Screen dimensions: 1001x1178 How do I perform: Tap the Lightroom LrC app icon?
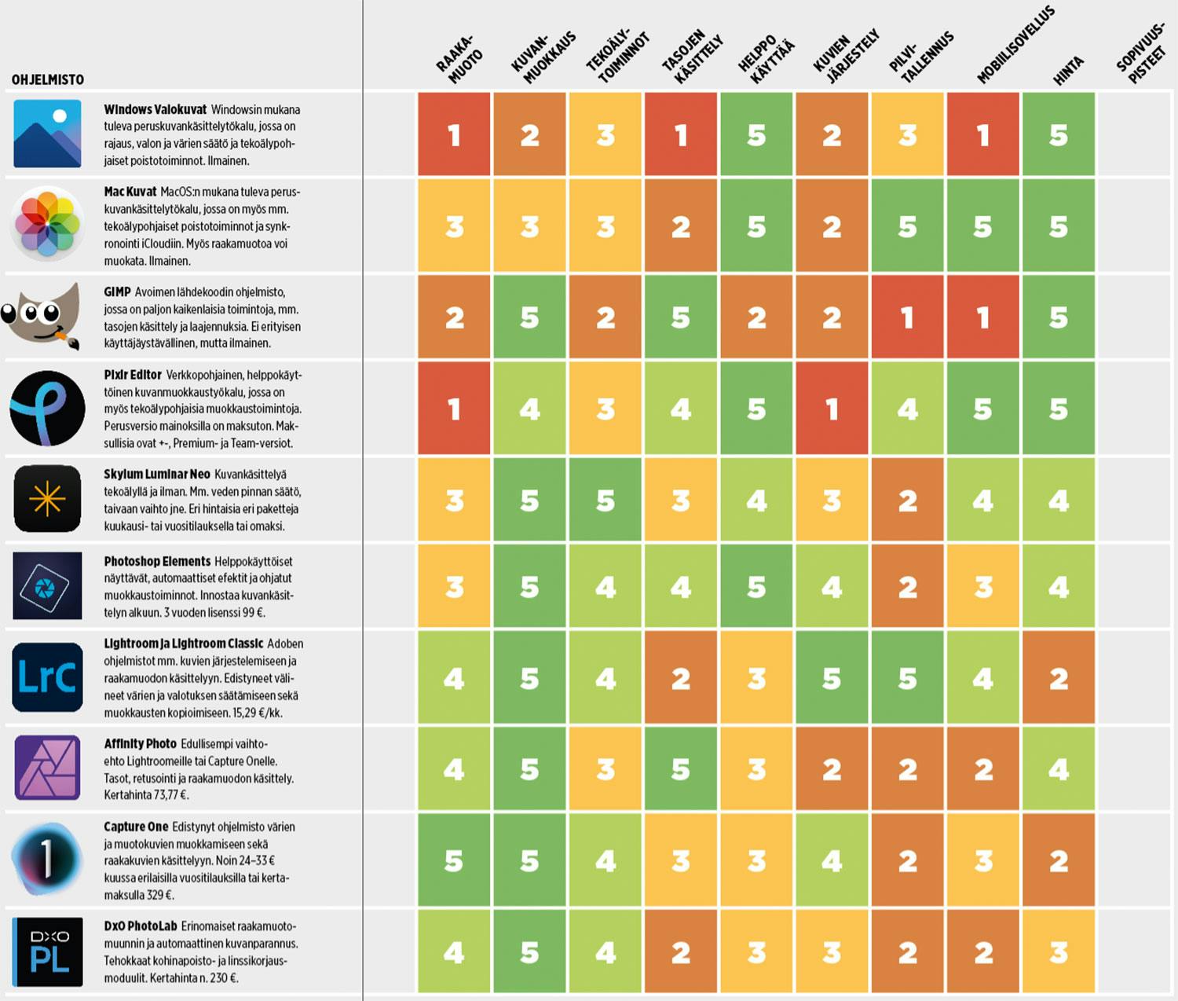point(47,677)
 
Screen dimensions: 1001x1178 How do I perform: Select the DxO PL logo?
point(48,951)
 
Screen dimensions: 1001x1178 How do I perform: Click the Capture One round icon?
point(47,859)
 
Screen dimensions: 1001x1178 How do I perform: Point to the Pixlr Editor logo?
point(47,409)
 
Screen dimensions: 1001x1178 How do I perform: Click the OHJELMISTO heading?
point(48,79)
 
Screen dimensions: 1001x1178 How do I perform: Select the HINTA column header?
point(1068,71)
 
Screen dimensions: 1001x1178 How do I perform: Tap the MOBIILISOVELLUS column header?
point(1015,46)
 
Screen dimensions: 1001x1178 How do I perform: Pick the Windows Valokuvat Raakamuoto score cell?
point(454,134)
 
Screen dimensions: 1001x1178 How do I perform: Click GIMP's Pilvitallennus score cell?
point(907,317)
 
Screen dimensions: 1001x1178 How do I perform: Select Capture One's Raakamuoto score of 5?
point(454,860)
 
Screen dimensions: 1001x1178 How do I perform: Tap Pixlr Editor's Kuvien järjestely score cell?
point(832,409)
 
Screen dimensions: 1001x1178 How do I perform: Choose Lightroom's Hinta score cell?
point(1059,677)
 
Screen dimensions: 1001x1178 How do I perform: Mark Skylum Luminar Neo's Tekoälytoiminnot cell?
point(605,500)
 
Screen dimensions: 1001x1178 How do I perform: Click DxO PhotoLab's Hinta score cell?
point(1059,952)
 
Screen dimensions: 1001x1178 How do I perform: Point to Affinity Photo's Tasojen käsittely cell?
point(680,768)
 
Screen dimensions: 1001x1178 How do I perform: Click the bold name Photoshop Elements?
point(157,561)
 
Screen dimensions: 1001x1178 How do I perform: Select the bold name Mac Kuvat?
point(130,192)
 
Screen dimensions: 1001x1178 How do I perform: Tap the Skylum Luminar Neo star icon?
point(47,499)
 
